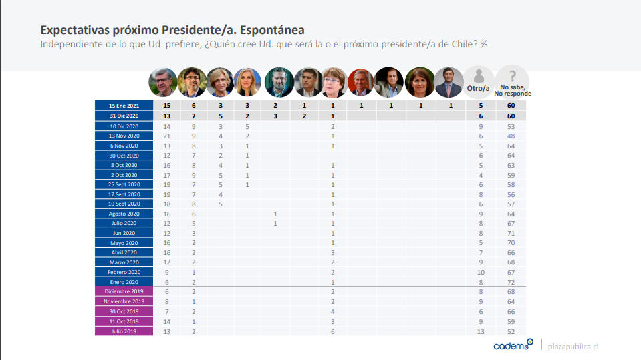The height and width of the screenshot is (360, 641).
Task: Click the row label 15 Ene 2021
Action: pyautogui.click(x=124, y=106)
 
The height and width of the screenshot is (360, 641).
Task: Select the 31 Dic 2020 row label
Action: pyautogui.click(x=124, y=116)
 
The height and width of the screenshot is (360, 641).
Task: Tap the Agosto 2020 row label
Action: pyautogui.click(x=124, y=214)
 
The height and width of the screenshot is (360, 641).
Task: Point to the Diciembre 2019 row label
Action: pyautogui.click(x=124, y=291)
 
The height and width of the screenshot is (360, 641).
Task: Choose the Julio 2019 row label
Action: pyautogui.click(x=124, y=330)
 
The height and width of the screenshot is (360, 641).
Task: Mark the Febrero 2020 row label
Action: pyautogui.click(x=124, y=272)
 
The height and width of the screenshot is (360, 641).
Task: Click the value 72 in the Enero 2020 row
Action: pyautogui.click(x=511, y=282)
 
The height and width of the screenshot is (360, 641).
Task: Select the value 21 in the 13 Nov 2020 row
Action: pyautogui.click(x=167, y=136)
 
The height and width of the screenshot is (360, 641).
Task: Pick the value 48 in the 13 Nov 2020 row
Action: pyautogui.click(x=511, y=136)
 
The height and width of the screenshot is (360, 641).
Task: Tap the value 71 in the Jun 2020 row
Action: pyautogui.click(x=511, y=233)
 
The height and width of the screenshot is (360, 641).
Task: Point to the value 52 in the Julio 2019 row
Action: pyautogui.click(x=511, y=330)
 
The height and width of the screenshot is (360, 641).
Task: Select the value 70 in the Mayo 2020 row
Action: pyautogui.click(x=511, y=243)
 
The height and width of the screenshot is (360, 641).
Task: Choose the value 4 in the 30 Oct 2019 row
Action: pyautogui.click(x=332, y=311)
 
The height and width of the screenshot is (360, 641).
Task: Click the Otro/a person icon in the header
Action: pyautogui.click(x=479, y=76)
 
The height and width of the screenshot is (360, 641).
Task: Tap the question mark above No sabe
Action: pyautogui.click(x=513, y=75)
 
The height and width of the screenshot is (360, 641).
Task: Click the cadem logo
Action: pyautogui.click(x=513, y=345)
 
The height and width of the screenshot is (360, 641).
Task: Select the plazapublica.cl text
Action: pyautogui.click(x=573, y=347)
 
